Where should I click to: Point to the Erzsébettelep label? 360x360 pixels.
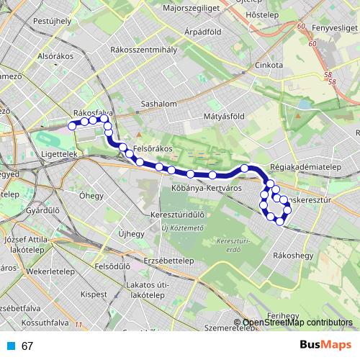(168, 261)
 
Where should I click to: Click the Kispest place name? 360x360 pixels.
(94, 294)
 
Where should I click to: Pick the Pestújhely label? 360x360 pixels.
(53, 21)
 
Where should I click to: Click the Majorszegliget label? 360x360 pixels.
(191, 8)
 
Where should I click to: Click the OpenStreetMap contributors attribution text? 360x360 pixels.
(297, 323)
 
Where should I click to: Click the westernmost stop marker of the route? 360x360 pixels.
(72, 125)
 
